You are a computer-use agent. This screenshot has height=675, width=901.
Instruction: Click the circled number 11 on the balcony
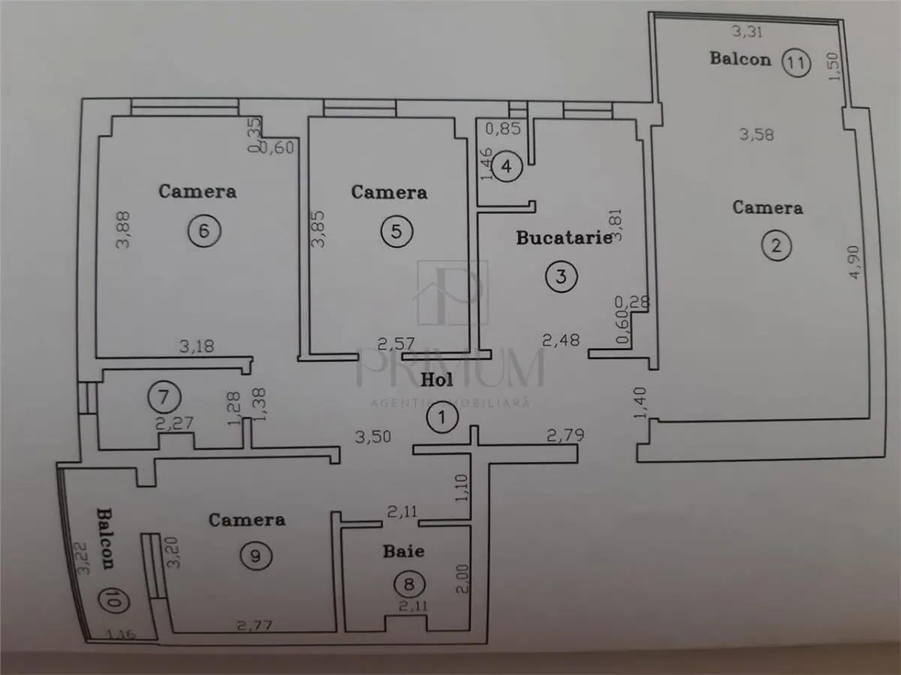click(x=796, y=63)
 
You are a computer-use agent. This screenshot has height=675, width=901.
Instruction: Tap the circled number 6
click(x=204, y=231)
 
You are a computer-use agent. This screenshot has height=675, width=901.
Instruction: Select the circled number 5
click(x=396, y=232)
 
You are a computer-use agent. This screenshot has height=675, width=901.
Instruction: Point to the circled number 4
click(x=507, y=166)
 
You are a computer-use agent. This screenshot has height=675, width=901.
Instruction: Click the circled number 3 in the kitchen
click(x=561, y=277)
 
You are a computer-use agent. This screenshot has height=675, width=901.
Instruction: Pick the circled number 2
click(x=776, y=246)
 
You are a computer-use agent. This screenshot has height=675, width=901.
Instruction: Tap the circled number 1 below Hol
click(x=442, y=418)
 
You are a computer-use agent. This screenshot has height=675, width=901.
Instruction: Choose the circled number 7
click(x=164, y=397)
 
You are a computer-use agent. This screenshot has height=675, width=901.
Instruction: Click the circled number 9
click(x=256, y=556)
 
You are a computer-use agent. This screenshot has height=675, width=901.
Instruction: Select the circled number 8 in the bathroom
click(x=409, y=584)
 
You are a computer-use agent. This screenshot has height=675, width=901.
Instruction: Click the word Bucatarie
click(x=564, y=238)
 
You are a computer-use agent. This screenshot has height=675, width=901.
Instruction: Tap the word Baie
click(x=403, y=551)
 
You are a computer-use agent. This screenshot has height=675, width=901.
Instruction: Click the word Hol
click(x=437, y=380)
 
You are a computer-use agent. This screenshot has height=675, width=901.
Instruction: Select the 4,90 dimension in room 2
click(x=854, y=262)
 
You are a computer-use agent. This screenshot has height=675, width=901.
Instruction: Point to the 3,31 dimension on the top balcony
click(x=748, y=31)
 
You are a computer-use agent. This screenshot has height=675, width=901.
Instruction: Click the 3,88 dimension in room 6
click(x=122, y=229)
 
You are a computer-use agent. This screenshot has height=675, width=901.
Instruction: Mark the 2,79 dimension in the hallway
click(x=565, y=435)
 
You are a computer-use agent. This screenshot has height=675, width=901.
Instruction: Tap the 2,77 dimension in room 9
click(x=255, y=625)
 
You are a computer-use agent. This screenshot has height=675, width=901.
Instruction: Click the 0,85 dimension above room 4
click(x=503, y=129)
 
